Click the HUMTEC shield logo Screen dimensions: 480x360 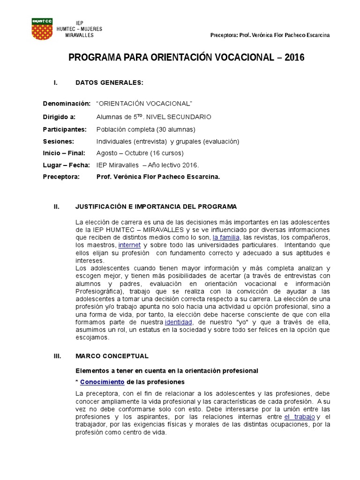(x=42, y=29)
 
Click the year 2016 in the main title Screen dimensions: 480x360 (x=294, y=58)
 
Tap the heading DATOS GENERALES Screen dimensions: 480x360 (x=109, y=83)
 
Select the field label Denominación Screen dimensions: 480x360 (x=66, y=103)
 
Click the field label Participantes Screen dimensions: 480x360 (x=65, y=129)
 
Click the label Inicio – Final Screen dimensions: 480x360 (x=64, y=153)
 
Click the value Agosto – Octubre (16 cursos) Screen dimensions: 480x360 (x=140, y=153)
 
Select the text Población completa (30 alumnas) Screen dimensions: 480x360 (x=145, y=129)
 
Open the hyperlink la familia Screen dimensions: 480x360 (x=226, y=238)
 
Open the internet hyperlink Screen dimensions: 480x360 (x=129, y=245)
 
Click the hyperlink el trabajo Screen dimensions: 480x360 (x=300, y=417)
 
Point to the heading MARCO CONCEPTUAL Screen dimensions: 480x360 (x=112, y=356)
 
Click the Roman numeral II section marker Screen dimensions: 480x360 (x=57, y=207)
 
